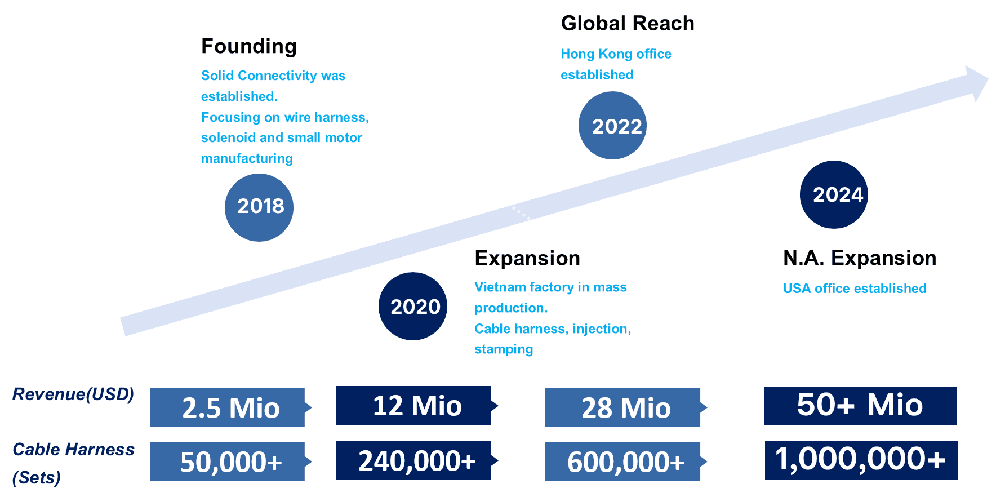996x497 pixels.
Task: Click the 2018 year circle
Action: [x=259, y=207]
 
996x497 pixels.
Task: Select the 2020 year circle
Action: [x=413, y=307]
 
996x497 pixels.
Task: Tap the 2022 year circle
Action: [x=612, y=125]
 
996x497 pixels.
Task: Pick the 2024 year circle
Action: [x=834, y=194]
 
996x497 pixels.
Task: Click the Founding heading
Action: [x=249, y=46]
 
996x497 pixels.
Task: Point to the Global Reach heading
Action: [x=628, y=23]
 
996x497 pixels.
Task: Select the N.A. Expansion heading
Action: [x=860, y=258]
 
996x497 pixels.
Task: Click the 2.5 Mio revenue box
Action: [x=228, y=407]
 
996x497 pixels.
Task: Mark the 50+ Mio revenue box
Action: [x=860, y=406]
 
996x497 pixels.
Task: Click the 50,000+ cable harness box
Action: [x=228, y=461]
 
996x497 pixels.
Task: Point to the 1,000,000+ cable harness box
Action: [x=861, y=460]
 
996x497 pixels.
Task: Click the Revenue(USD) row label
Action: [x=73, y=394]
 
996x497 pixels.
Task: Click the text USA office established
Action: [x=855, y=289]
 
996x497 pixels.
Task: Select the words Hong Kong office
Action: [x=616, y=54]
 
